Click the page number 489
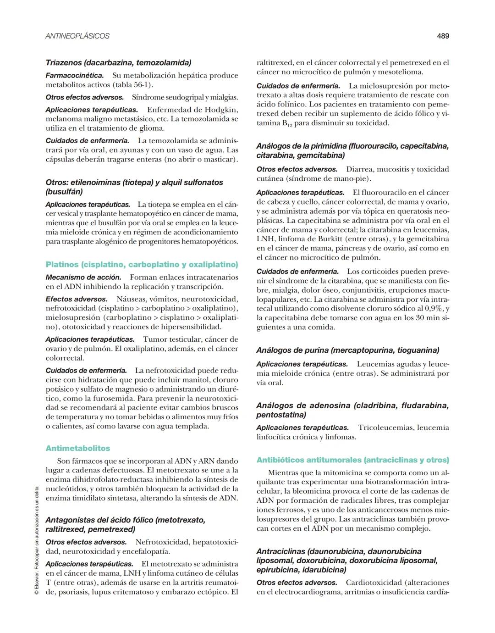point(442,36)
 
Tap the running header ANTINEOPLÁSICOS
point(77,36)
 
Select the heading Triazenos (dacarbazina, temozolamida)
point(118,62)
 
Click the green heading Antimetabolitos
point(78,448)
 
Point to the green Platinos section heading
point(142,264)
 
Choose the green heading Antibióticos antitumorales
point(352,460)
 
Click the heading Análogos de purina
point(347,350)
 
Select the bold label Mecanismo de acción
point(83,277)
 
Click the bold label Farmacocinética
point(74,75)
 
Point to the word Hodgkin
point(221,110)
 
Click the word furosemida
point(112,398)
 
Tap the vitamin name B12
point(285,123)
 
